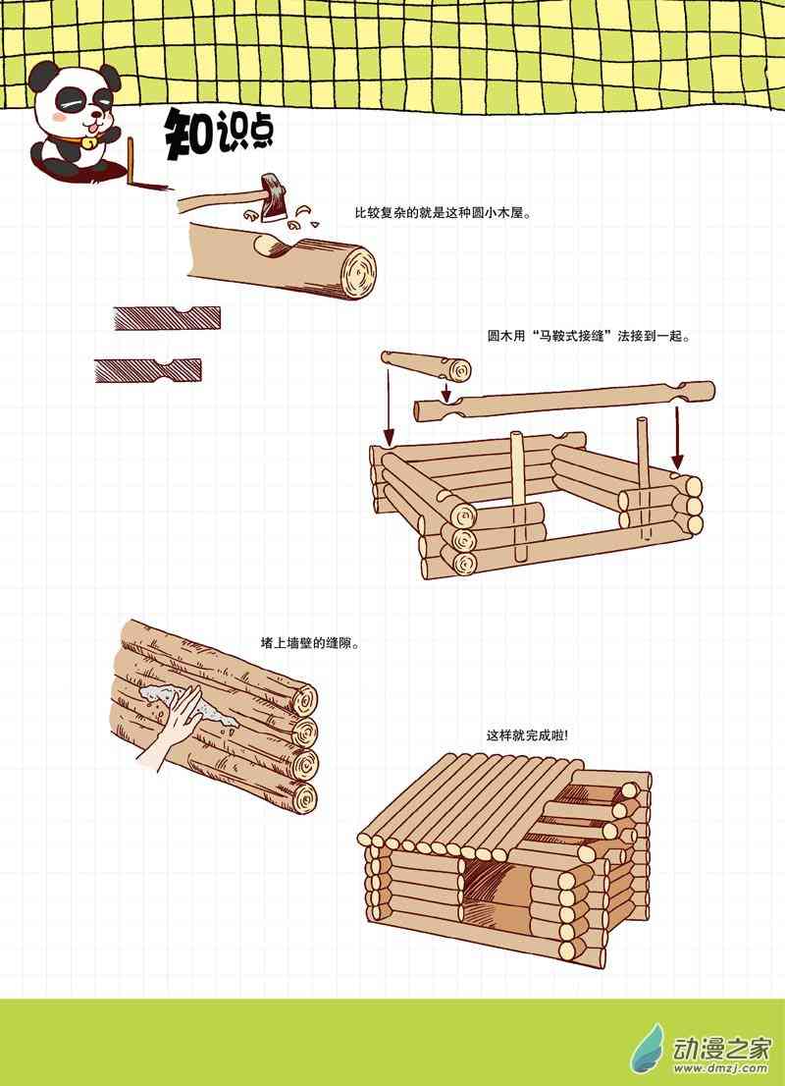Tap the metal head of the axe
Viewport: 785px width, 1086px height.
272,197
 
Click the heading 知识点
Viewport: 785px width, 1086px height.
219,135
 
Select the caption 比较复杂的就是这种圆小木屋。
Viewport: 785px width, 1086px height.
444,213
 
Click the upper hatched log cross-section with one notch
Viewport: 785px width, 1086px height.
167,318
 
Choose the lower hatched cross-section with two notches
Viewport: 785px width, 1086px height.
148,370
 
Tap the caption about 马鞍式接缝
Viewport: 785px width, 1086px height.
589,337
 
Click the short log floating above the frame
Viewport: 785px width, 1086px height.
426,364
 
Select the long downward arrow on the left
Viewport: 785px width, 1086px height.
389,407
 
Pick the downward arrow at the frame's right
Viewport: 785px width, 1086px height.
678,438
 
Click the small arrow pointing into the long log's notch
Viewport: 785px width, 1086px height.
446,391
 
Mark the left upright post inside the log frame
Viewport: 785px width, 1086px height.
518,496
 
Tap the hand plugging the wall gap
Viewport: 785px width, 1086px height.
173,728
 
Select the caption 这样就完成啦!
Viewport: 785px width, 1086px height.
527,734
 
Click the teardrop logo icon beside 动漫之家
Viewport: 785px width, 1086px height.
648,1049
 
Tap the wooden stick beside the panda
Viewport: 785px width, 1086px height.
130,160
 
